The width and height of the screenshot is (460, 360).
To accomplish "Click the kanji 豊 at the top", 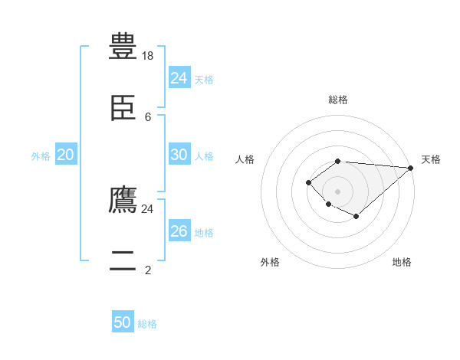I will (123, 45).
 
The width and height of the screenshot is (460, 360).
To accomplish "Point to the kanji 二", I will (123, 262).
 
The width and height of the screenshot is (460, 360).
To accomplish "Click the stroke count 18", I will (148, 55).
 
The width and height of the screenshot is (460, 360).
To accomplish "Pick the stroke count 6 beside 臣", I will (148, 117).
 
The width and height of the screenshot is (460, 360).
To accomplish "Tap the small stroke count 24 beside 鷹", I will (148, 208).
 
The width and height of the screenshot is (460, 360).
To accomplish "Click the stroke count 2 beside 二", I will (148, 270).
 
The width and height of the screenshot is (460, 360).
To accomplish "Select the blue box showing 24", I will (179, 78).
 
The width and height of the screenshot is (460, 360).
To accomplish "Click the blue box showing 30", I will (179, 155).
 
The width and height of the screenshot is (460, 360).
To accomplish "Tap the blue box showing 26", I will (179, 231).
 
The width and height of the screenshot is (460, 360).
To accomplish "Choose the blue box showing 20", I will (66, 155).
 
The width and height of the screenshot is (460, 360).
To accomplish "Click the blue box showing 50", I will (123, 322).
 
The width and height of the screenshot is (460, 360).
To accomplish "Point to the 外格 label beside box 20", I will (41, 156).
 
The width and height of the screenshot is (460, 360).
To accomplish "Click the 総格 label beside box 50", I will (148, 324).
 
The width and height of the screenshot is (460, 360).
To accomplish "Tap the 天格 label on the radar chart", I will (431, 159).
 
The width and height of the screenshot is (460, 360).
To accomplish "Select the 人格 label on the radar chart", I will (245, 159).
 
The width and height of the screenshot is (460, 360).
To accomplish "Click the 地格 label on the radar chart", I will (402, 262).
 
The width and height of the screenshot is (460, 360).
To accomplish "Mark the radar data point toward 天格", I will (410, 168).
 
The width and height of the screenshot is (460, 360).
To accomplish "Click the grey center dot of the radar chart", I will (337, 191).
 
